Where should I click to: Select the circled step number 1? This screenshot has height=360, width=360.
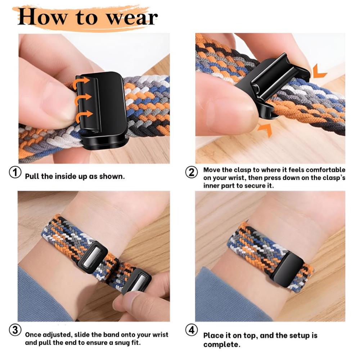[x=15, y=172]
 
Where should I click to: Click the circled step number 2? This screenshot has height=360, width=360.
[x=192, y=172]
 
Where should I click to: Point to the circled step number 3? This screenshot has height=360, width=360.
[x=15, y=330]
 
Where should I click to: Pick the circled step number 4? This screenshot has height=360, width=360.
[x=192, y=330]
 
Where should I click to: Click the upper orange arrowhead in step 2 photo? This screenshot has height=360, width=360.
[x=319, y=72]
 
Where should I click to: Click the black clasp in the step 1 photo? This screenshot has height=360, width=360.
[x=103, y=108]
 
